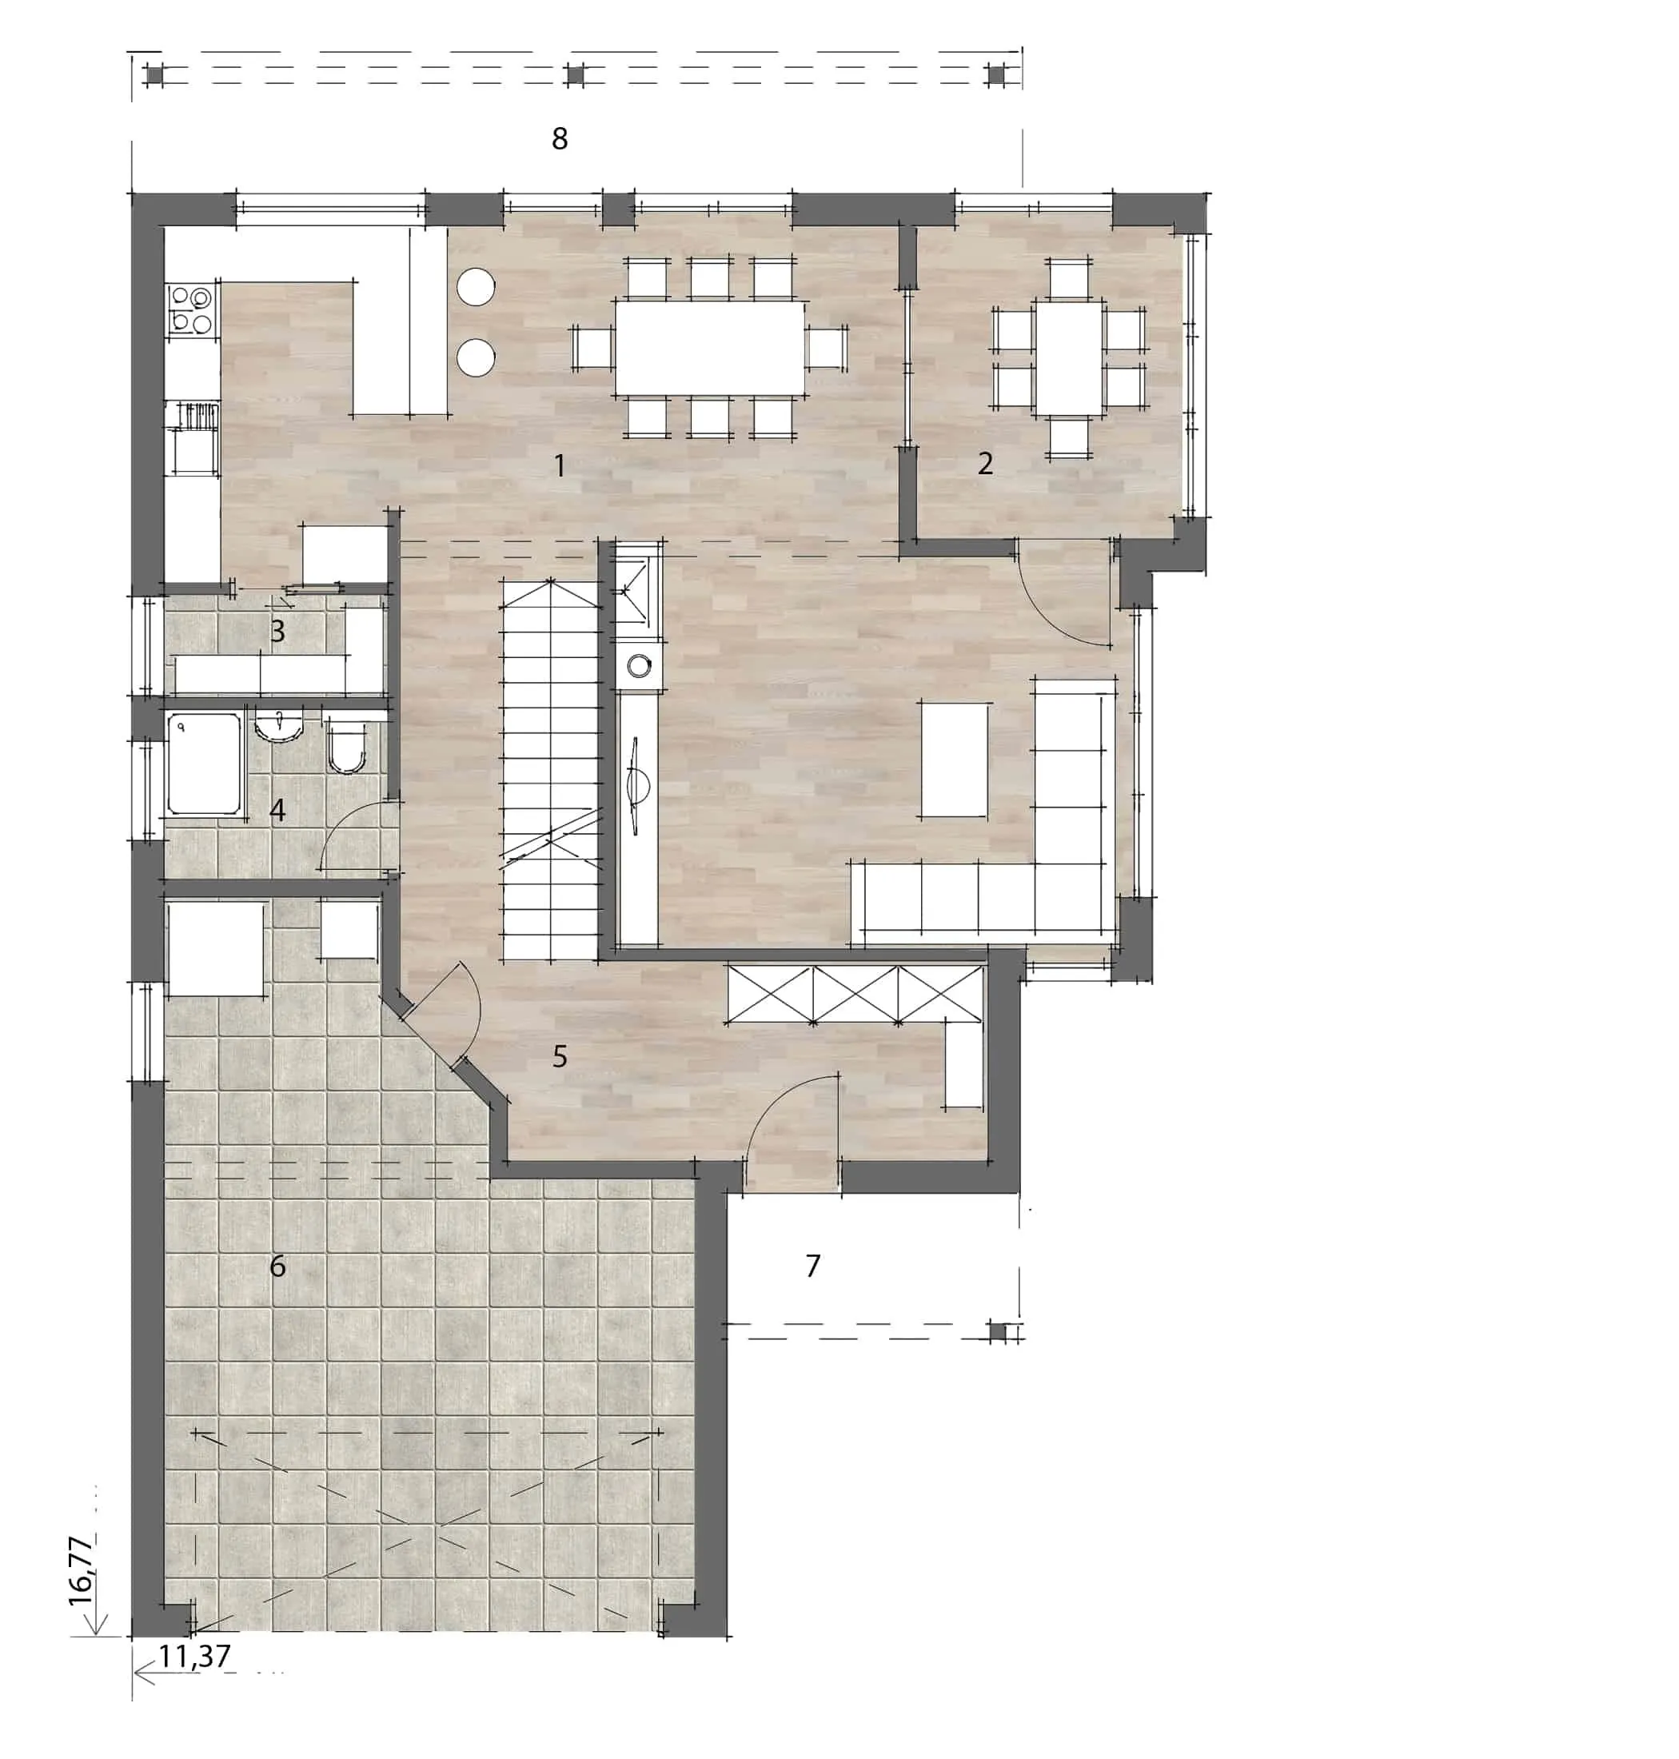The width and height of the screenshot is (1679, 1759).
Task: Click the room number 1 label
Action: click(560, 465)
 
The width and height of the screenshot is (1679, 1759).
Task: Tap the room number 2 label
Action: click(984, 464)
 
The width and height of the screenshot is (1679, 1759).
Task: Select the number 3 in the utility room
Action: click(277, 631)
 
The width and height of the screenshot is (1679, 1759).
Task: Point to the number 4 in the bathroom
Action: click(277, 810)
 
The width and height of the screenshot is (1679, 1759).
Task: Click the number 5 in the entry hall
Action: click(560, 1056)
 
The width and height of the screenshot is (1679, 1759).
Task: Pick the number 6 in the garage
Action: click(277, 1266)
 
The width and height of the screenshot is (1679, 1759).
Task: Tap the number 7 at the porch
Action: click(812, 1266)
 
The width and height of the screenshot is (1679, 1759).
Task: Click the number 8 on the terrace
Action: click(560, 139)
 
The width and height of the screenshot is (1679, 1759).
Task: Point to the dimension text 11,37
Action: click(195, 1656)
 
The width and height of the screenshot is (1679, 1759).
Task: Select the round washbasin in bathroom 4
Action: click(279, 725)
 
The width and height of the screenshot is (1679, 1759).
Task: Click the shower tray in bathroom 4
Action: click(205, 764)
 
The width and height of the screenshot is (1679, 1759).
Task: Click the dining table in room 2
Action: click(1069, 358)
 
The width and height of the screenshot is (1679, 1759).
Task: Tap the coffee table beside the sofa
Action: click(955, 759)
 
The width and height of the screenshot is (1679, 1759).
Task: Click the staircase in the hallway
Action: click(550, 771)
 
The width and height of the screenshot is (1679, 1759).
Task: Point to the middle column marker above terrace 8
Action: click(576, 76)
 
